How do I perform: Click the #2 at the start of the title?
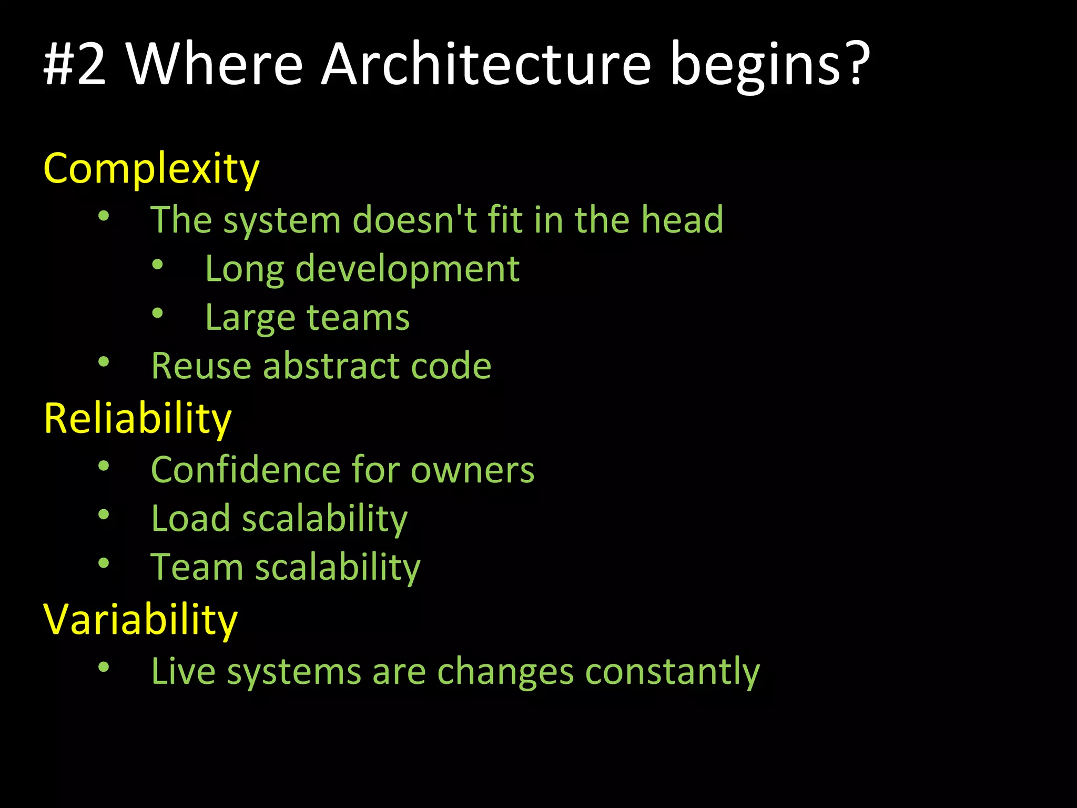pos(75,64)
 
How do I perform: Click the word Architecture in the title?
pos(486,64)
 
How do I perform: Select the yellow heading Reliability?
pos(137,419)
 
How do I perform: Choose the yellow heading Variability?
pos(140,620)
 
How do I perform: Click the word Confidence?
pos(245,469)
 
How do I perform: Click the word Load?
pos(190,518)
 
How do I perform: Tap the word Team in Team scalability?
pos(197,567)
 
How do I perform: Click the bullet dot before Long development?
pos(157,265)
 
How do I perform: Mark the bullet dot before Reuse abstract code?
pos(104,361)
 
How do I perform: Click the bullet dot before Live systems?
pos(104,667)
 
